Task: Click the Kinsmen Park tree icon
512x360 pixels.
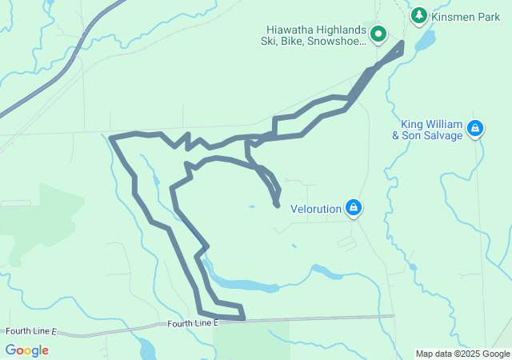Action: coord(418,15)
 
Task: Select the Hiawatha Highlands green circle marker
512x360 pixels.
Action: coord(378,34)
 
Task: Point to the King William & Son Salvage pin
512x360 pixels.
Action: coord(475,128)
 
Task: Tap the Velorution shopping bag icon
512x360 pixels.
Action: coord(354,209)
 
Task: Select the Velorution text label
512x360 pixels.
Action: coord(315,209)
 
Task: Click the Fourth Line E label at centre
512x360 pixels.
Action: coord(192,324)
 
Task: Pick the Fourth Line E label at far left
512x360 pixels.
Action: coord(31,330)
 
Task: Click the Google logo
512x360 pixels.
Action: coord(26,350)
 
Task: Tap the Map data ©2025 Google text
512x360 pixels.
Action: coord(462,354)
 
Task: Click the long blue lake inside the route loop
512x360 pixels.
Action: coord(240,285)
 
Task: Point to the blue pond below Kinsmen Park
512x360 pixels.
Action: coord(424,39)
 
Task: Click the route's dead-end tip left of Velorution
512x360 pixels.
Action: coord(277,205)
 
